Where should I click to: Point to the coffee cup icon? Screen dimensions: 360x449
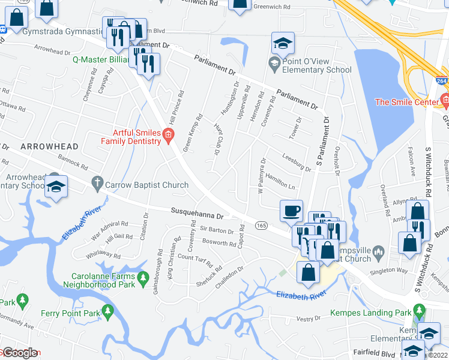click(292, 211)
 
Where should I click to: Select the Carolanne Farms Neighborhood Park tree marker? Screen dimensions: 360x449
click(143, 278)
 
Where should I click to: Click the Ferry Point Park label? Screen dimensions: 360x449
click(70, 313)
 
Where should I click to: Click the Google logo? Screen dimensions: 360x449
click(19, 352)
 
